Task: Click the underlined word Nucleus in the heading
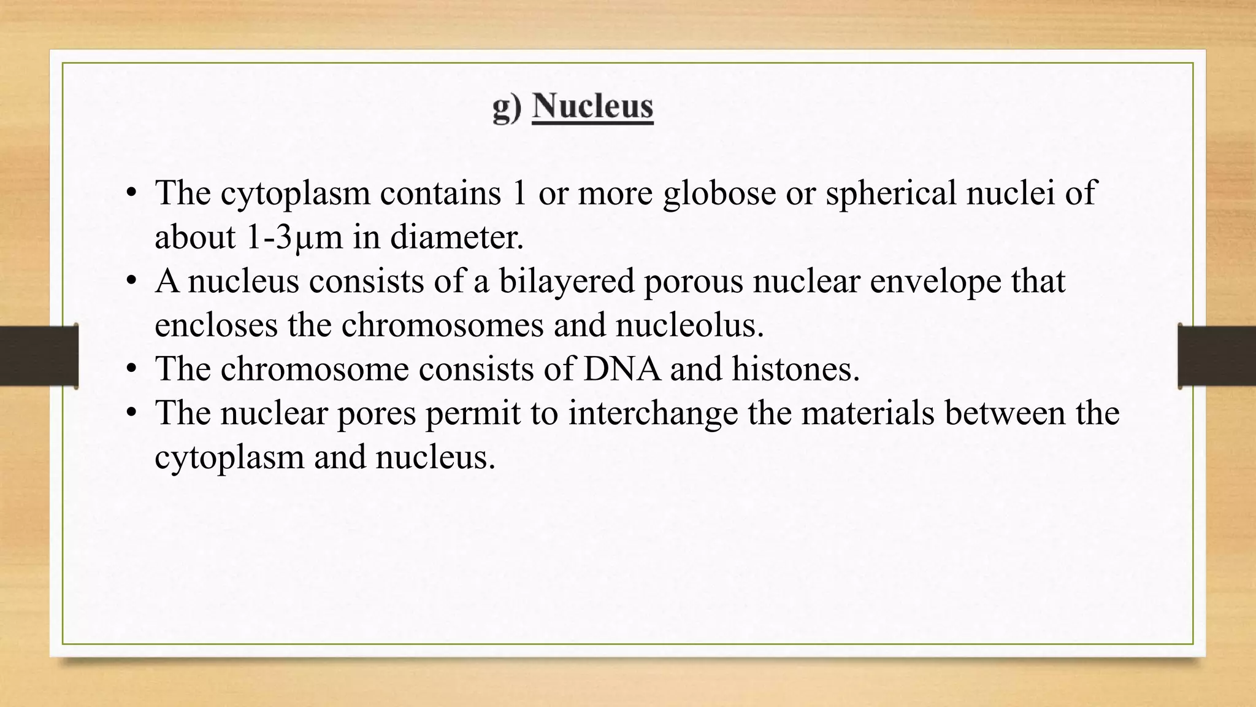[592, 107]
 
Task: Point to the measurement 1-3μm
[294, 237]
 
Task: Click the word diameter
[457, 237]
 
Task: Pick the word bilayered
[566, 281]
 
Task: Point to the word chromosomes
[442, 325]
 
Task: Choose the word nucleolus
[689, 325]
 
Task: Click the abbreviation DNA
[622, 369]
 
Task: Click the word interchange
[653, 412]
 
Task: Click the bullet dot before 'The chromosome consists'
[131, 369]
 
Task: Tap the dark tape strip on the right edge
[1217, 356]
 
